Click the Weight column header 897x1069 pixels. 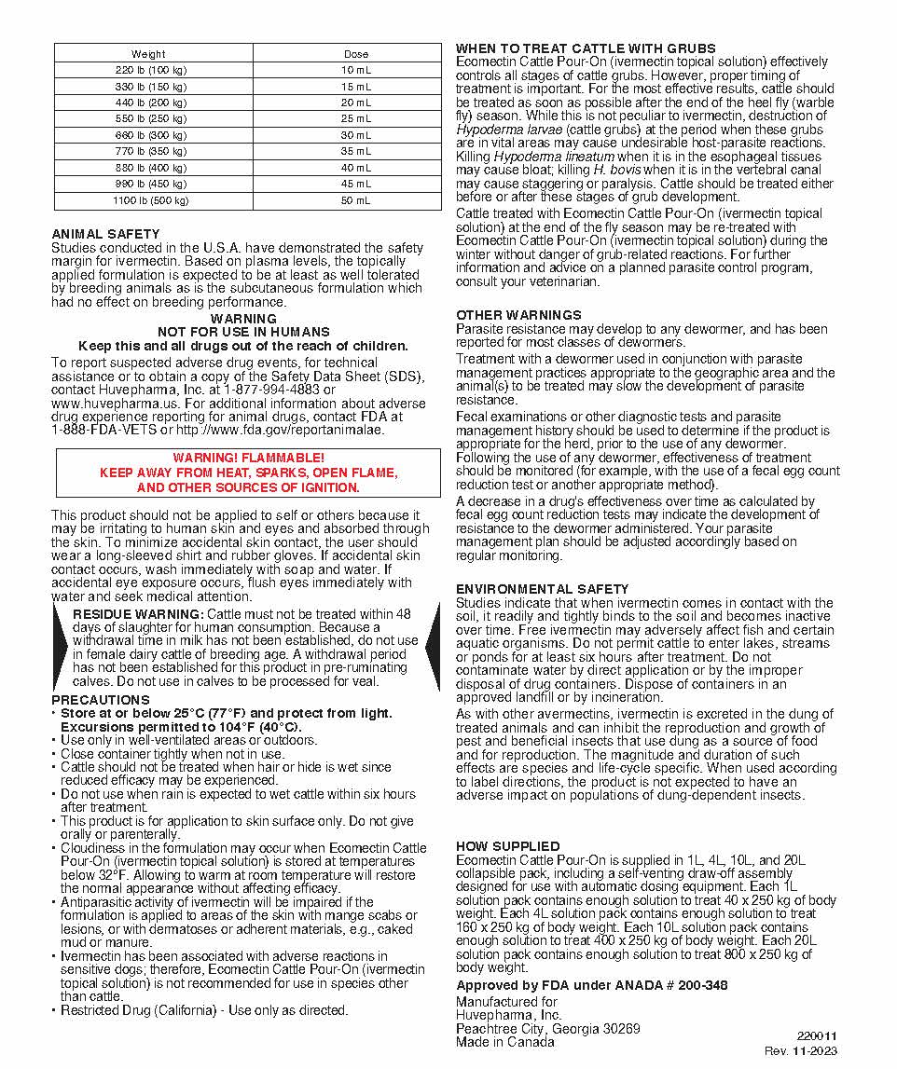tap(148, 54)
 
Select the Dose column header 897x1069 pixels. tap(356, 54)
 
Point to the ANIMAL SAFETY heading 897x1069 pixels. tap(105, 234)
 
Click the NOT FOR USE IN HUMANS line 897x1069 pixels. tap(243, 332)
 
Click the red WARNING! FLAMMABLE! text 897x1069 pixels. tap(249, 459)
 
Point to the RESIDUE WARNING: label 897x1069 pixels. tap(138, 614)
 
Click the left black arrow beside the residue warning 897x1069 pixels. tap(62, 647)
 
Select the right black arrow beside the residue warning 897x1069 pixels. tap(432, 647)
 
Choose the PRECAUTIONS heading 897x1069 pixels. tap(101, 700)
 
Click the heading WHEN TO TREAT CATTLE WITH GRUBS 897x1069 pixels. tap(586, 48)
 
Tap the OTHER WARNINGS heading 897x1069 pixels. tap(518, 315)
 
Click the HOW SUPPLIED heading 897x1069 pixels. tap(508, 846)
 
